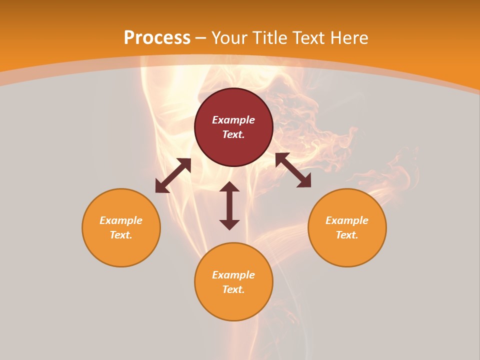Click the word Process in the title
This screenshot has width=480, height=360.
coord(157,38)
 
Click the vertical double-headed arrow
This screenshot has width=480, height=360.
coord(229,205)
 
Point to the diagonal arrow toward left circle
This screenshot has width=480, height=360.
coord(173,175)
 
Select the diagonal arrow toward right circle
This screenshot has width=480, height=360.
coord(293,170)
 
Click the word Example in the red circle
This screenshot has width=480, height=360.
coord(233,120)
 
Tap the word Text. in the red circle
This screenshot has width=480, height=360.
coord(233,134)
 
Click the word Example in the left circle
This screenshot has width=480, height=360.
coord(121,220)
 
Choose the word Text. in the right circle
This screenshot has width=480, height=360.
coord(347,235)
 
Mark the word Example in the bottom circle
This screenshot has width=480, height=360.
coord(233,275)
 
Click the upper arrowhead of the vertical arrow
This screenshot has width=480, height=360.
coord(229,186)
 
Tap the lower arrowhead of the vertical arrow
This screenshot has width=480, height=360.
coord(229,224)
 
